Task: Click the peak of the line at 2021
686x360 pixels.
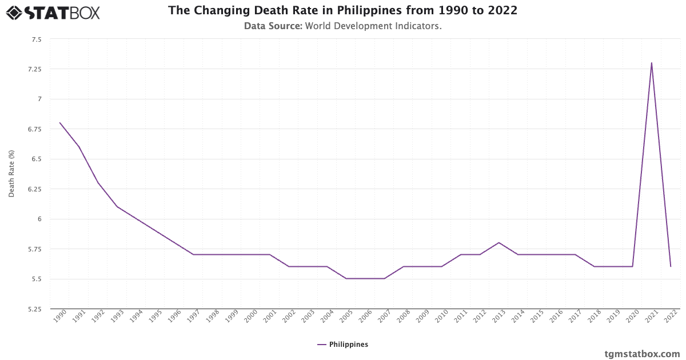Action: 651,63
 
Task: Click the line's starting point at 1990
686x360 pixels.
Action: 59,123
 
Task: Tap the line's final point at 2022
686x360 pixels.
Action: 671,266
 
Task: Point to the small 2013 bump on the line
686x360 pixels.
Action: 498,242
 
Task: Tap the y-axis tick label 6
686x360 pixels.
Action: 39,219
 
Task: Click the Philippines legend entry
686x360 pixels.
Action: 343,345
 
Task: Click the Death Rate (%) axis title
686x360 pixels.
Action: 11,174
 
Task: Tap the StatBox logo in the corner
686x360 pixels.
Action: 53,12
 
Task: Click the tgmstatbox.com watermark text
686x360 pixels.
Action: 642,354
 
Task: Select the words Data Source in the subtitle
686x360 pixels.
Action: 273,26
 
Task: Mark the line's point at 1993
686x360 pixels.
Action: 117,206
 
